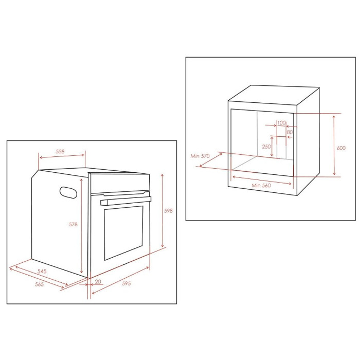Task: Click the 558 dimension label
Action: tap(60, 152)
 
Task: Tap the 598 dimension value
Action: tap(168, 211)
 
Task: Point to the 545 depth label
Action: tap(42, 271)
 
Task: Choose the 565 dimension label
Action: tap(40, 284)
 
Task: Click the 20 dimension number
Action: tap(98, 281)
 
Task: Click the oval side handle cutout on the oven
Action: tap(69, 192)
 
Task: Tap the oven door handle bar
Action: tap(126, 201)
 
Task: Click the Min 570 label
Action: tap(201, 156)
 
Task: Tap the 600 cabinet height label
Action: tap(340, 148)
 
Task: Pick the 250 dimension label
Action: tap(266, 147)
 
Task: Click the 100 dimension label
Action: tap(281, 122)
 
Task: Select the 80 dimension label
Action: tap(290, 132)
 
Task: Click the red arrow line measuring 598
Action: tap(162, 211)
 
